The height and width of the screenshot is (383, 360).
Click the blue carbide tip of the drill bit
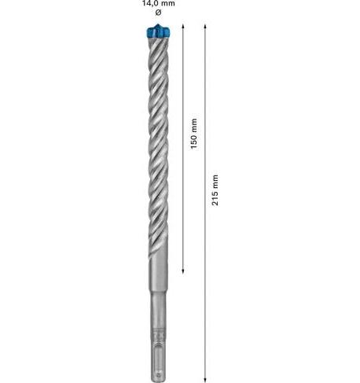point(158,31)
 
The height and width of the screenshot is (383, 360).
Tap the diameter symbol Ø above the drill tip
point(158,12)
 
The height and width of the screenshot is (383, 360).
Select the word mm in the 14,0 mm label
point(168,4)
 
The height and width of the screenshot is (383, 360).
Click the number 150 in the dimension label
point(194,142)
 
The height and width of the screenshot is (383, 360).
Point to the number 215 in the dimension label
point(215,199)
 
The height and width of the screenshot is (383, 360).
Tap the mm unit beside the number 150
point(194,126)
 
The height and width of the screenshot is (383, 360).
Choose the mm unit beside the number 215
point(215,182)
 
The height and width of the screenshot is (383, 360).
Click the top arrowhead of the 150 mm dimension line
point(183,26)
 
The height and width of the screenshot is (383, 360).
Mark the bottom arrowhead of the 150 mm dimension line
point(183,271)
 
